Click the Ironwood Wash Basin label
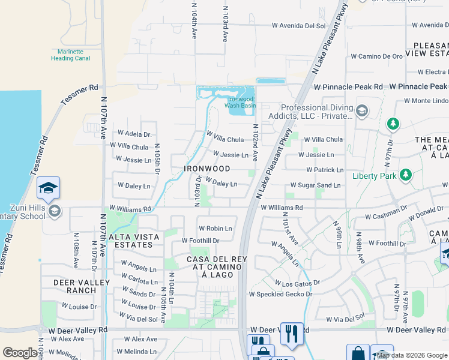coord(240,102)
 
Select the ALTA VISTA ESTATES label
coord(134,241)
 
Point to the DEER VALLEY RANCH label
coord(82,286)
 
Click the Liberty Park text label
coord(375,175)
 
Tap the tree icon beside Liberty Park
coord(406,175)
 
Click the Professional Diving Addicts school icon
coord(362,111)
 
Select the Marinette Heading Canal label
coord(70,55)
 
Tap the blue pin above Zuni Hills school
coord(48,188)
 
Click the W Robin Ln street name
coord(215,229)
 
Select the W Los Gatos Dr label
coord(298,282)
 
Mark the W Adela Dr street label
coord(134,134)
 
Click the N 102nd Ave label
coord(256,143)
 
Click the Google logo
coord(20,353)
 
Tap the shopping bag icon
coord(358,353)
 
